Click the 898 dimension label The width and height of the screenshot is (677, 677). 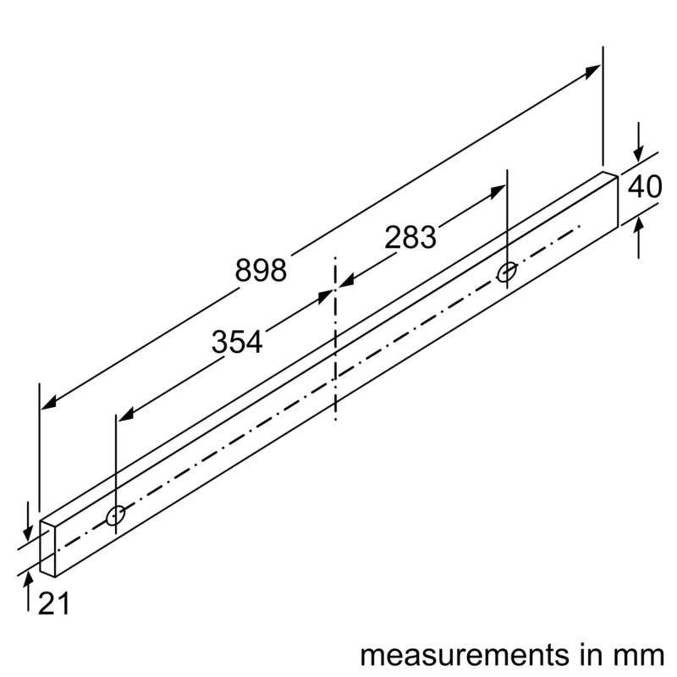pyautogui.click(x=261, y=270)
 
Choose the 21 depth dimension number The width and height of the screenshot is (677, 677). pyautogui.click(x=53, y=603)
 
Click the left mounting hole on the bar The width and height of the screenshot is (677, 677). pyautogui.click(x=116, y=515)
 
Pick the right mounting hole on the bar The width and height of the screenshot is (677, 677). pyautogui.click(x=506, y=272)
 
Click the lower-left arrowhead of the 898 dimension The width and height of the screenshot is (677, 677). pyautogui.click(x=50, y=402)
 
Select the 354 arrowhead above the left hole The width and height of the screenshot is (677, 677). pyautogui.click(x=125, y=415)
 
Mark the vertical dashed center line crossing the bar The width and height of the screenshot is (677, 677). pyautogui.click(x=336, y=338)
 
